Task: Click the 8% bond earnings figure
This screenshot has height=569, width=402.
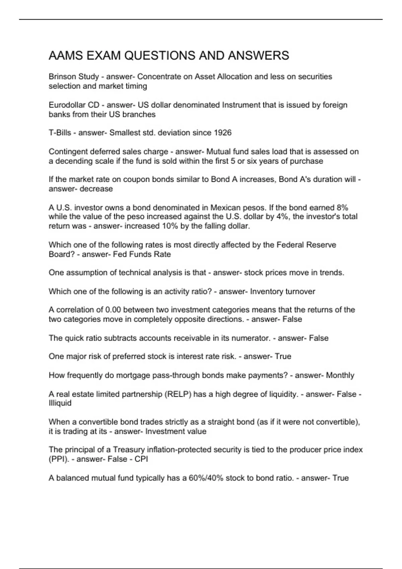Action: [x=343, y=208]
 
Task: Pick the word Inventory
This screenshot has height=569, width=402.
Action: [x=266, y=292]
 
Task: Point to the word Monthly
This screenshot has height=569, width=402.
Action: [x=340, y=375]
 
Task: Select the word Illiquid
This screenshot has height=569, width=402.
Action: [x=60, y=403]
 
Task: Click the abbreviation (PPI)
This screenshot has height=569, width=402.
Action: [x=59, y=459]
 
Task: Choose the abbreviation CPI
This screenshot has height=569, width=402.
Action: [x=141, y=459]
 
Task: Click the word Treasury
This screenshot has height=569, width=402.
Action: [x=129, y=450]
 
